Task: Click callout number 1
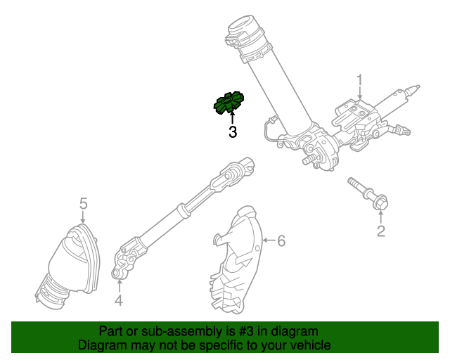pyautogui.click(x=359, y=79)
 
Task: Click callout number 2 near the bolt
pyautogui.click(x=381, y=231)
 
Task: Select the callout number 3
pyautogui.click(x=232, y=131)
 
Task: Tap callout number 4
pyautogui.click(x=119, y=301)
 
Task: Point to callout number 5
pyautogui.click(x=83, y=203)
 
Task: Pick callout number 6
pyautogui.click(x=281, y=241)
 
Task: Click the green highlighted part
pyautogui.click(x=229, y=103)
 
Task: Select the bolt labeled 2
pyautogui.click(x=368, y=195)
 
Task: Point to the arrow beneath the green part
pyautogui.click(x=232, y=117)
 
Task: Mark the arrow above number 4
pyautogui.click(x=119, y=285)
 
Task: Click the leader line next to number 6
pyautogui.click(x=268, y=241)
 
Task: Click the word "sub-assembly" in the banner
pyautogui.click(x=165, y=331)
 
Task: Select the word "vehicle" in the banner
pyautogui.click(x=309, y=346)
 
